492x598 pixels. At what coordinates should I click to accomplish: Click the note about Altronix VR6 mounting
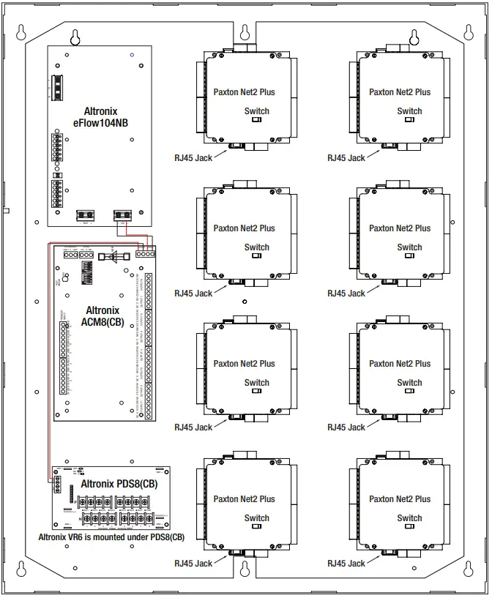[x=111, y=537]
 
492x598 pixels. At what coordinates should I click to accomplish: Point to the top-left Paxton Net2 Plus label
[x=245, y=92]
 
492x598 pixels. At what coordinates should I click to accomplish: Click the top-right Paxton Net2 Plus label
[x=400, y=92]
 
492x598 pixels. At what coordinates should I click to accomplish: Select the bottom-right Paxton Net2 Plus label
[x=400, y=499]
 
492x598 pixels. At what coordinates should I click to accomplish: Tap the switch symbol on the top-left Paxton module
[x=256, y=121]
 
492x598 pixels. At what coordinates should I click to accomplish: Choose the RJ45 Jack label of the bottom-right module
[x=346, y=564]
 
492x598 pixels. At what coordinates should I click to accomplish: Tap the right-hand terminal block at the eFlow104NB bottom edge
[x=122, y=215]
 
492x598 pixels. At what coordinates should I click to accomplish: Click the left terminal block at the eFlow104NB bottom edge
[x=86, y=215]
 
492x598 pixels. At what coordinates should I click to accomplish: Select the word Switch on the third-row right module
[x=409, y=383]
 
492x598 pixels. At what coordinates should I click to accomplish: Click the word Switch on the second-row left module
[x=256, y=247]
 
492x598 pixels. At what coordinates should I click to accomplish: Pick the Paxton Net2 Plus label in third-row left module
[x=245, y=364]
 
